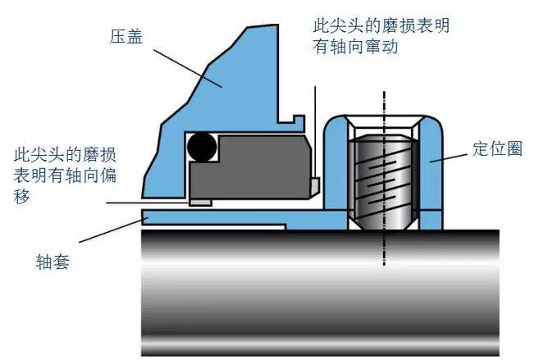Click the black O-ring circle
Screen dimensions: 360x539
tap(202, 148)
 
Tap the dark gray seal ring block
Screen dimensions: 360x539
tap(254, 168)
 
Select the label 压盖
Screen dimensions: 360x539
tap(124, 36)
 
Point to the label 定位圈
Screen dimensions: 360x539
tap(496, 149)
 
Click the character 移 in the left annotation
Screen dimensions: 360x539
tap(22, 197)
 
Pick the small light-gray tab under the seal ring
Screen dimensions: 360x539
tap(199, 201)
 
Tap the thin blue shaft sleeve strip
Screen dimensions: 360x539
tap(213, 217)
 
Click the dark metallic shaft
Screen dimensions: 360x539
tap(320, 287)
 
